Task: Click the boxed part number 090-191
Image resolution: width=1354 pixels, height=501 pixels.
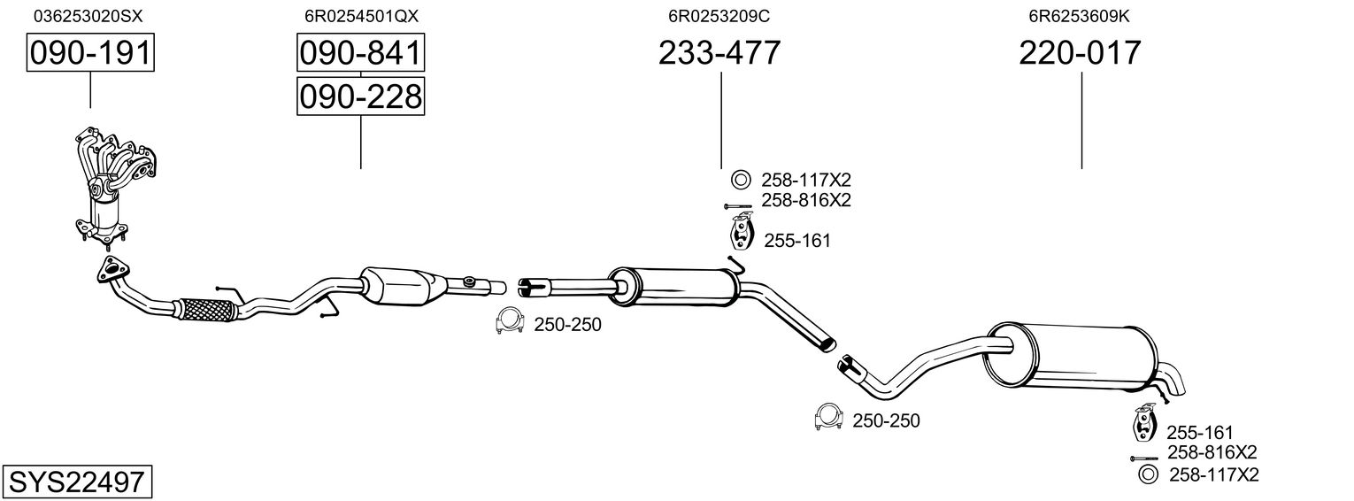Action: pos(90,54)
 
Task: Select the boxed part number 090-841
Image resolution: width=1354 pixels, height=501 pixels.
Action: pos(360,54)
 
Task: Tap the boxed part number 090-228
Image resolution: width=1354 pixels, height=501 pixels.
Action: pos(360,96)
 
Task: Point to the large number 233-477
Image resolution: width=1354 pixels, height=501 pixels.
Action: pos(719,54)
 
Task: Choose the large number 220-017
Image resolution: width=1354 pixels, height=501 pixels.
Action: pos(1080,54)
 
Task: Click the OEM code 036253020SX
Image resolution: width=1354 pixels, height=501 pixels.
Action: pos(88,16)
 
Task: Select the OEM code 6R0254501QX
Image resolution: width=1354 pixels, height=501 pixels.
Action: pos(360,16)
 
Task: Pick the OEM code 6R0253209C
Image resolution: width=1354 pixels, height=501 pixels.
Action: pos(719,16)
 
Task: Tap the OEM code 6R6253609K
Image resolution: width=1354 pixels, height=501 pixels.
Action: pos(1079,16)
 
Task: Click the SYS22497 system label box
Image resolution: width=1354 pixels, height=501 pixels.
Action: pos(76,482)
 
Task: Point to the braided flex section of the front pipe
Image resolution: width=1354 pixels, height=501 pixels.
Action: pos(206,310)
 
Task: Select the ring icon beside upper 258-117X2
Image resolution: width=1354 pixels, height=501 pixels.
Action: pos(740,181)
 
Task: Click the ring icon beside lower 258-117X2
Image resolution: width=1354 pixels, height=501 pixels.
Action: pos(1148,475)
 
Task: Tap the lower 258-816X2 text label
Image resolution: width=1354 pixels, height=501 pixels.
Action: pos(1212,452)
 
